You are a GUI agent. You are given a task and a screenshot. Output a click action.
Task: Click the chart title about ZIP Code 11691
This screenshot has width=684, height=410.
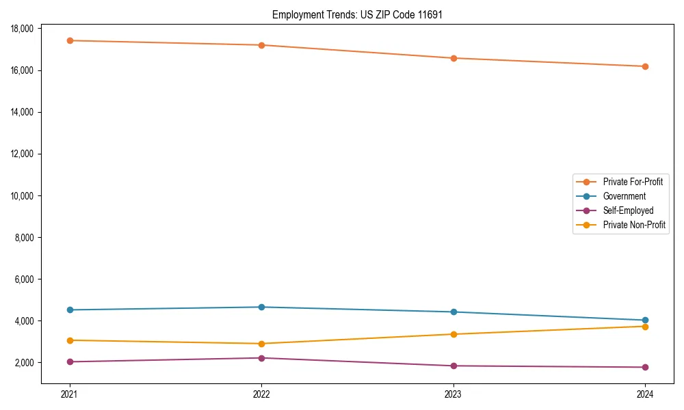click(357, 14)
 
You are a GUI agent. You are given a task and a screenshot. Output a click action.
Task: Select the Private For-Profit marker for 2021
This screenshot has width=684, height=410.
click(69, 40)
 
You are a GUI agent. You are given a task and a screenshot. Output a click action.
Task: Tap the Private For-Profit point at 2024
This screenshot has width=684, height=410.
click(645, 66)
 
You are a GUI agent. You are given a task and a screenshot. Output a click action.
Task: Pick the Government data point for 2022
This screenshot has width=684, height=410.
click(261, 307)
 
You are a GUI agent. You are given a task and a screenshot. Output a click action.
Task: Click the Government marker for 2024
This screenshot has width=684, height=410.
click(645, 320)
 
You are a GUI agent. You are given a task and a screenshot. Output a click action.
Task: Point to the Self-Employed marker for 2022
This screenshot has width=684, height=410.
click(261, 358)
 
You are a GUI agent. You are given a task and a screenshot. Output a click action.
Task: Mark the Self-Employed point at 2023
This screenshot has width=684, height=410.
click(453, 366)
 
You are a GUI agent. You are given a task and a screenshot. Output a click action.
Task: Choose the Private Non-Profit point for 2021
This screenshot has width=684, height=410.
click(69, 340)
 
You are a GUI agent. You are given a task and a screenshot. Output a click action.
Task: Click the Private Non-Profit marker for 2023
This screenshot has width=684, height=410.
click(453, 334)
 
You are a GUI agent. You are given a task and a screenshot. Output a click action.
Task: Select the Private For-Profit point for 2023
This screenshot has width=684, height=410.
click(453, 58)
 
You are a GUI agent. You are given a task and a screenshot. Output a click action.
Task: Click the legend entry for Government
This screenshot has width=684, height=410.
click(624, 196)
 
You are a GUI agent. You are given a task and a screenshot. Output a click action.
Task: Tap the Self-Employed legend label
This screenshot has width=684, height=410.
click(628, 210)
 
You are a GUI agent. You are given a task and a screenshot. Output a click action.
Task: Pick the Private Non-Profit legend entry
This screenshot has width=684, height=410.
click(634, 225)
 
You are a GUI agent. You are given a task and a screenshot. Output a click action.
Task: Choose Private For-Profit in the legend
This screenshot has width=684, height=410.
click(633, 182)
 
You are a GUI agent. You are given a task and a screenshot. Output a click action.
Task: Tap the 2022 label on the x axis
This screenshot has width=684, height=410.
click(261, 394)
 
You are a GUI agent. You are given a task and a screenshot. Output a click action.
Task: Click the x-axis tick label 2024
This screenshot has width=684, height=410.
click(645, 394)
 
